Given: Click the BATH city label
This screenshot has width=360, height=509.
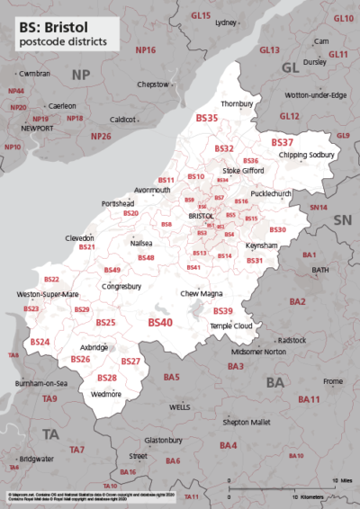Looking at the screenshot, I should coord(320,269).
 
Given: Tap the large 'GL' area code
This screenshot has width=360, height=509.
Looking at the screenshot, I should coord(290,68).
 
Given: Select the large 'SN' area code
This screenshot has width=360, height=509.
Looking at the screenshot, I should coord(342,220).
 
